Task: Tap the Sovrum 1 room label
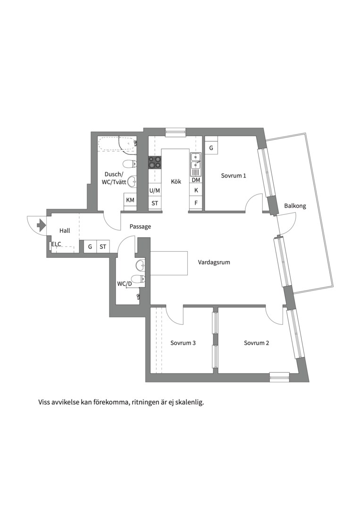(x=234, y=176)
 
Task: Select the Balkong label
(x=295, y=206)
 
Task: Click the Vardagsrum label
(x=214, y=262)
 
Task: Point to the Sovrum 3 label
(x=183, y=343)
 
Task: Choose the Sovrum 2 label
(x=256, y=343)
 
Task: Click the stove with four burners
(x=155, y=162)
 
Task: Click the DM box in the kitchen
(x=196, y=180)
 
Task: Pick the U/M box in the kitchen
(x=155, y=191)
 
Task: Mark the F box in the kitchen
(x=196, y=203)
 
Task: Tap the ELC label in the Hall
(x=56, y=244)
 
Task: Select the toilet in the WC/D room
(x=140, y=279)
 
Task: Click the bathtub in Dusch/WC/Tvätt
(x=117, y=143)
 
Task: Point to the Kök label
(x=176, y=181)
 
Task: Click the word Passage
(x=140, y=227)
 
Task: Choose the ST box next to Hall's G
(x=103, y=246)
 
